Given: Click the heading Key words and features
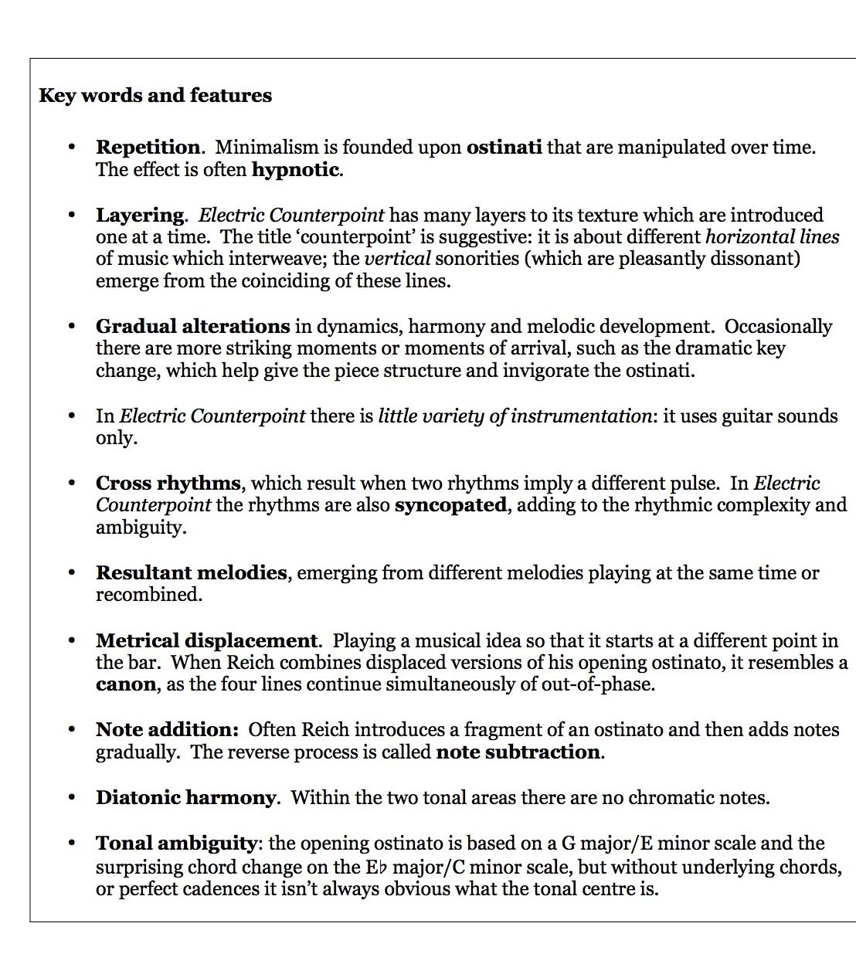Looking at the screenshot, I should (155, 96).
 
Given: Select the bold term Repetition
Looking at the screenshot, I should (148, 148).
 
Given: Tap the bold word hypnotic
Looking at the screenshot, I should (295, 170).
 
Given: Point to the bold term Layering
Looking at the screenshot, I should (140, 216).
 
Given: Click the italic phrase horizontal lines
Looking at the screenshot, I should (772, 237).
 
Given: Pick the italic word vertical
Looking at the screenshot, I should (397, 259).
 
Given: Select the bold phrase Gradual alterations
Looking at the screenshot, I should (192, 327).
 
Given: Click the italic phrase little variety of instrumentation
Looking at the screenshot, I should (515, 416).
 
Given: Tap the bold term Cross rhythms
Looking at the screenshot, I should (168, 484).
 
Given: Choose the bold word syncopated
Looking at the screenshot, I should (450, 506).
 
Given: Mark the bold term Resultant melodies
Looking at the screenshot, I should (191, 573).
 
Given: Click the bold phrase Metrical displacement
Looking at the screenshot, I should (206, 641).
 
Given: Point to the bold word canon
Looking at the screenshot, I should (125, 685).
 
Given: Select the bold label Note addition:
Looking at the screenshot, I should (167, 730).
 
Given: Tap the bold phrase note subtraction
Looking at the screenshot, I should (518, 752).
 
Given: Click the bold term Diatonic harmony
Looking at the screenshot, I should (185, 798).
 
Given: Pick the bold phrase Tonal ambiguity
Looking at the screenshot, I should (176, 843).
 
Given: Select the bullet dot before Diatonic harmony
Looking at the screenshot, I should (72, 798).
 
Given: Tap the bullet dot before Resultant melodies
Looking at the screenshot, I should (72, 573).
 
